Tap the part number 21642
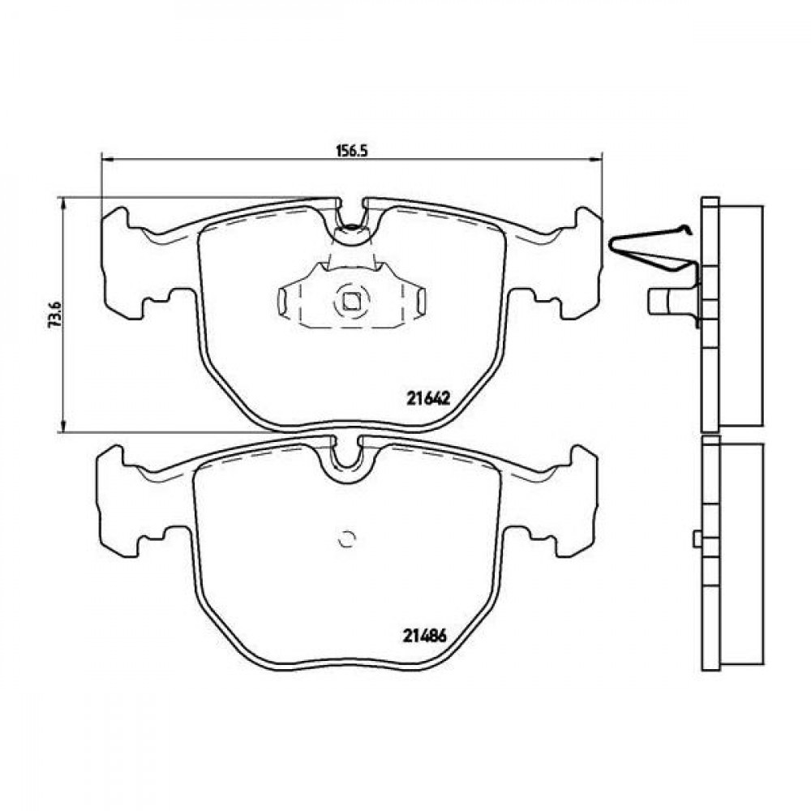[x=429, y=398]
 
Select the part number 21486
[x=424, y=636]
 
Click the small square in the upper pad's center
[x=351, y=301]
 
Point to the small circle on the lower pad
[x=346, y=539]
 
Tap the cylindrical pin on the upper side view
[x=671, y=301]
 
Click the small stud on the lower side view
[x=697, y=539]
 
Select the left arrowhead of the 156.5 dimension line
[x=106, y=160]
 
